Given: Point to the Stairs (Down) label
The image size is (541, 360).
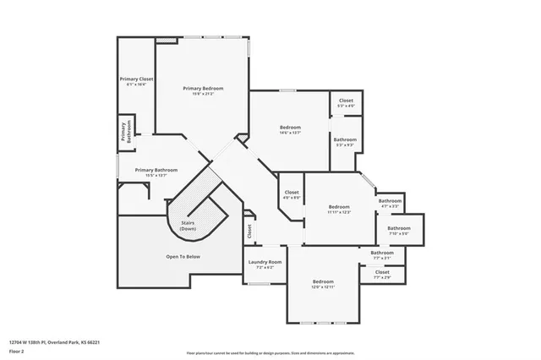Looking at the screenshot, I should [188, 226].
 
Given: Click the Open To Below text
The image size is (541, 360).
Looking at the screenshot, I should [183, 255].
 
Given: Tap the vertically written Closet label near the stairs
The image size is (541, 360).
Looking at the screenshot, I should [249, 229].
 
